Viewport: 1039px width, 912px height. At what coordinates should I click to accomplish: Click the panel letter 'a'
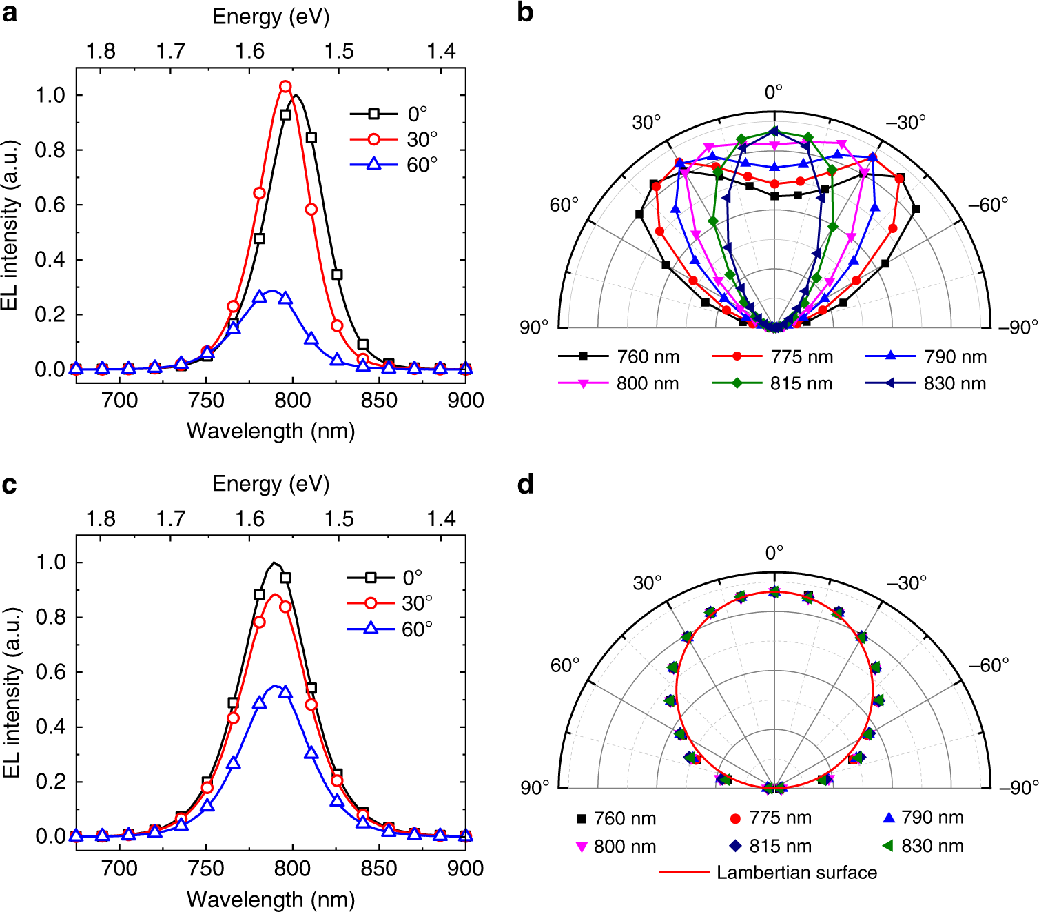pos(10,13)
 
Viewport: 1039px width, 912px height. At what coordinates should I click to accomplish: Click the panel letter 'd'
pos(526,485)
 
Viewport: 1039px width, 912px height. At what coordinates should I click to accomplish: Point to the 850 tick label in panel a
pos(379,401)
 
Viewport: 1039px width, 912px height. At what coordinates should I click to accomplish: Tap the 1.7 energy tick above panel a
pos(171,52)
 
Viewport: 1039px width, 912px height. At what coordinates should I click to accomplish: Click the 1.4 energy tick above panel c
pos(441,519)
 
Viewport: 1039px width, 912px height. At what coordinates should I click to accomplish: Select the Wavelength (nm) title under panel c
pos(271,899)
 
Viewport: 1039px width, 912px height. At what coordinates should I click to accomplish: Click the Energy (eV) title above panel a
pos(271,17)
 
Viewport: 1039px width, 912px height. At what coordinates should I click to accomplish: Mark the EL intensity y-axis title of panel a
pos(10,225)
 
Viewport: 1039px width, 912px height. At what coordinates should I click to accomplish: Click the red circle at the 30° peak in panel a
pos(285,87)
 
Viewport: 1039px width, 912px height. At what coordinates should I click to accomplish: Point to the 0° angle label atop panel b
pos(774,92)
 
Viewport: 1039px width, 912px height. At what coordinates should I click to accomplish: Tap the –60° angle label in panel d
pos(989,665)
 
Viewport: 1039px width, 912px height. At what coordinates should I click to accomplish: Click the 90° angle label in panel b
pos(534,327)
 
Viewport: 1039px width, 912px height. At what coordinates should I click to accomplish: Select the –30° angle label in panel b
pos(905,123)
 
